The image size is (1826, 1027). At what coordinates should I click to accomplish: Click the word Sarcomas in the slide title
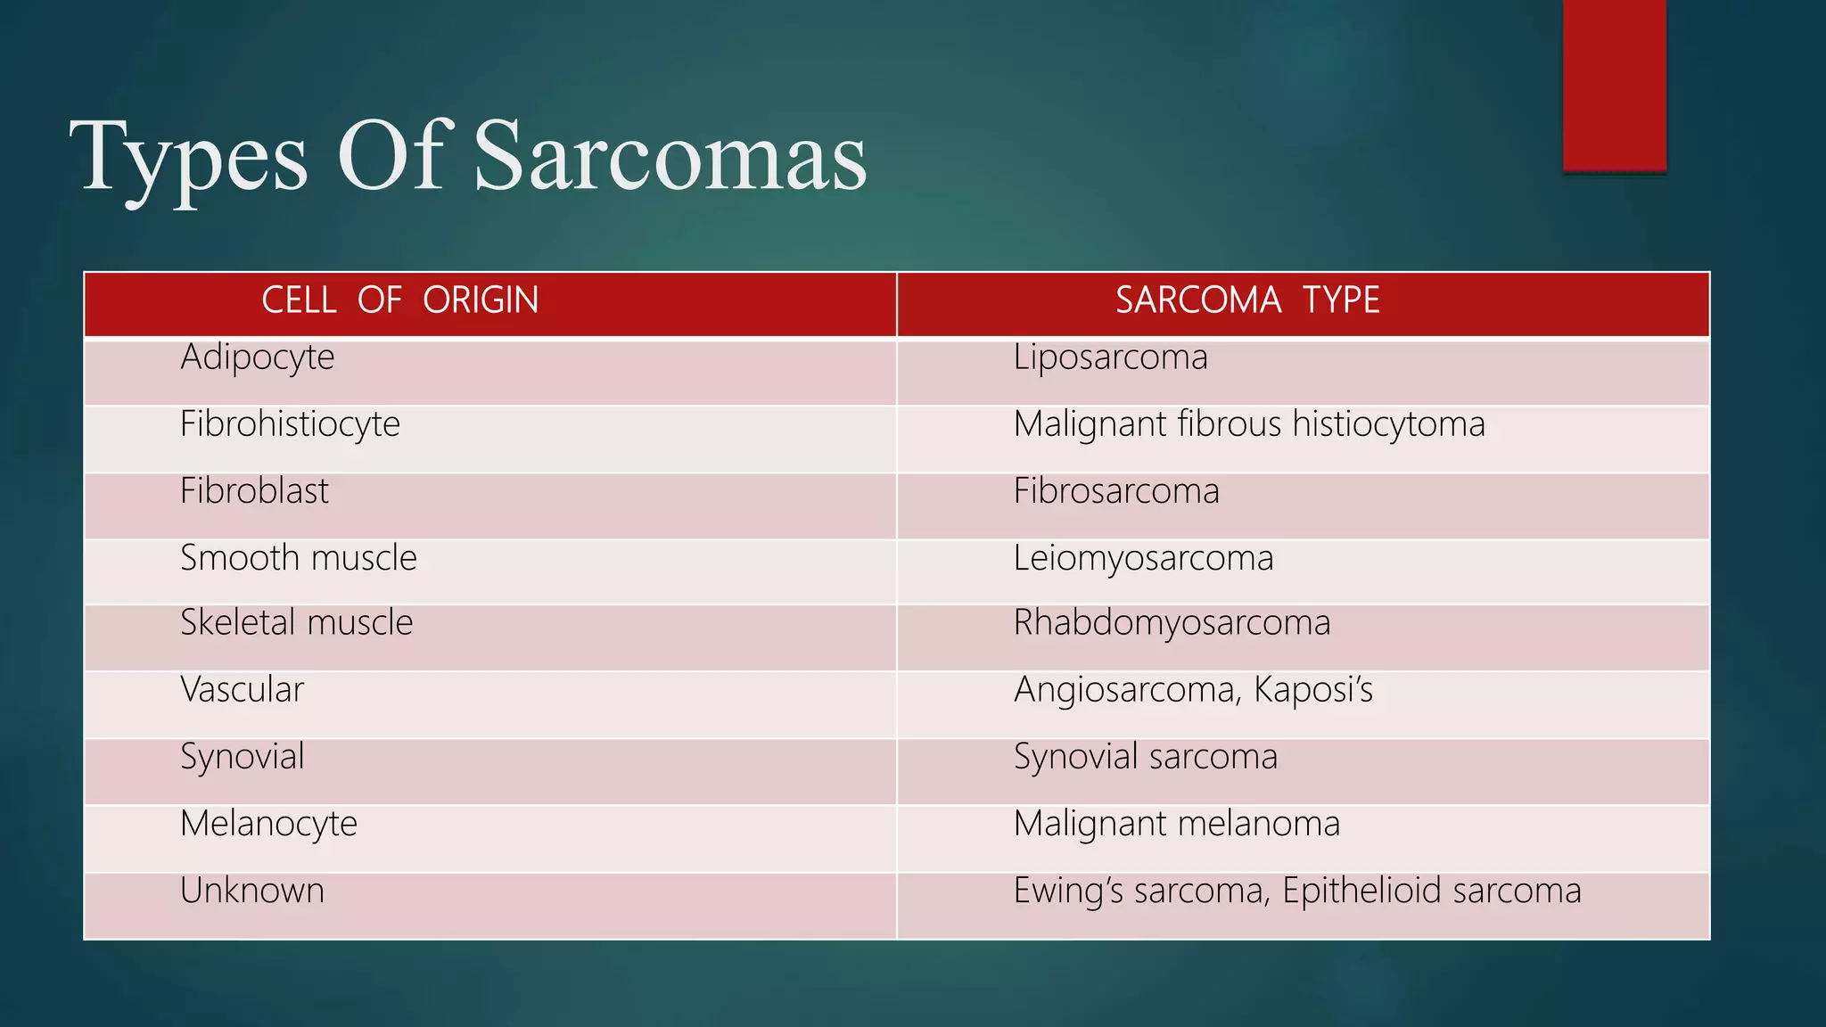tap(670, 157)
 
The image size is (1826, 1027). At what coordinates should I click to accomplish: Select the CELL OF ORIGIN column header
tap(399, 300)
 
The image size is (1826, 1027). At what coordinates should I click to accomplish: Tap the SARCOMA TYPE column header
tap(1247, 300)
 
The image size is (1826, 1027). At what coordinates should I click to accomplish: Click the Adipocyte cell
tap(257, 358)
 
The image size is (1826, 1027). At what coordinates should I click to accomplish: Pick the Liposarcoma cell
tap(1110, 358)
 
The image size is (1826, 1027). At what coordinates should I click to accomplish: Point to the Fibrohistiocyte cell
tap(290, 424)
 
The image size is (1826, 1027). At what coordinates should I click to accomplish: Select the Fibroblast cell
tap(254, 491)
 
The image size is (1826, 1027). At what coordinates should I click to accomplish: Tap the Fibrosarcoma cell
tap(1115, 491)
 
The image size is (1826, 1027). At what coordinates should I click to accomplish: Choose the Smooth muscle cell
tap(298, 558)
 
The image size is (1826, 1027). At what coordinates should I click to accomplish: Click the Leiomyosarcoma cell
tap(1143, 558)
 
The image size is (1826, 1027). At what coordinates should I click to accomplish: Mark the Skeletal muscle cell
tap(296, 623)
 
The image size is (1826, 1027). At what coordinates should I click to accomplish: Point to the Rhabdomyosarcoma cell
tap(1172, 623)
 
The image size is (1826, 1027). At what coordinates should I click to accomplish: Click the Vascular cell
tap(242, 690)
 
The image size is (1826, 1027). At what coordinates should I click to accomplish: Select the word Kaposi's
tap(1312, 690)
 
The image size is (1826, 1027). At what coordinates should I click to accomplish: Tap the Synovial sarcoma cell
tap(1145, 757)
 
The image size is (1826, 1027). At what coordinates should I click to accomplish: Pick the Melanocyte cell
tap(268, 824)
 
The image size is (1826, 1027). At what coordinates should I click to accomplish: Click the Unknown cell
tap(251, 891)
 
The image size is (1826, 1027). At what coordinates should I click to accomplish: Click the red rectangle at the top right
tap(1614, 85)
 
